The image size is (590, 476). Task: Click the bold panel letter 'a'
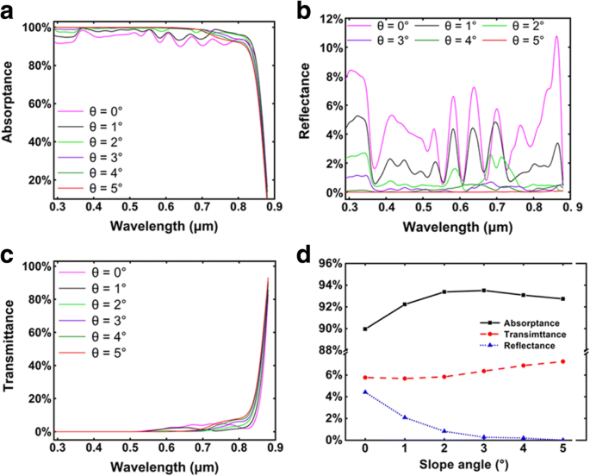9,10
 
